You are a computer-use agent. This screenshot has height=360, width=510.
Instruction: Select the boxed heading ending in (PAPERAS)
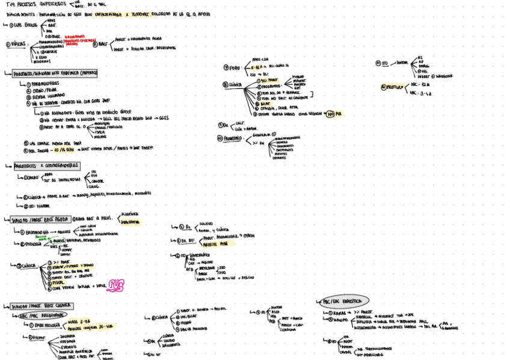pos(55,73)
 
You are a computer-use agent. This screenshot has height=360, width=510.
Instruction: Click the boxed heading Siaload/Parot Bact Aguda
pos(37,220)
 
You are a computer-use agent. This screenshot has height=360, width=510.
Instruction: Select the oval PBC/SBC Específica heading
pos(343,301)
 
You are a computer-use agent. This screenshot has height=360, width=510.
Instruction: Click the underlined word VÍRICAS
pos(18,44)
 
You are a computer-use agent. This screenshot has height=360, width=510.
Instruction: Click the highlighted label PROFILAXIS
pos(392,87)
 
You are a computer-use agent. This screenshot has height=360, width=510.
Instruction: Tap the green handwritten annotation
pos(44,238)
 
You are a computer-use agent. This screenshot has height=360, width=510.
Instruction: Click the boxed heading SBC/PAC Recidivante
pos(41,315)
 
